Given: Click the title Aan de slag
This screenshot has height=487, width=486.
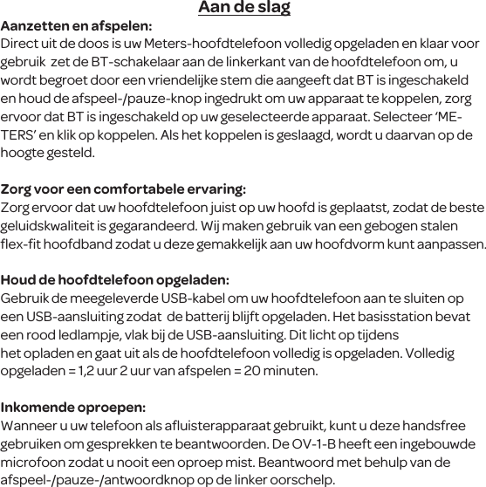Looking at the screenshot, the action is click(x=243, y=9).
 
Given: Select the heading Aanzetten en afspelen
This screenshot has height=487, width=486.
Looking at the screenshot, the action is click(x=76, y=26).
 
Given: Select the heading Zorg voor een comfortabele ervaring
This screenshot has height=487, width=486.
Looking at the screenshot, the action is click(x=123, y=189).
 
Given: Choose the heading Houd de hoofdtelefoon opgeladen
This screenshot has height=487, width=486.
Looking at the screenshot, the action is click(x=115, y=280).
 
